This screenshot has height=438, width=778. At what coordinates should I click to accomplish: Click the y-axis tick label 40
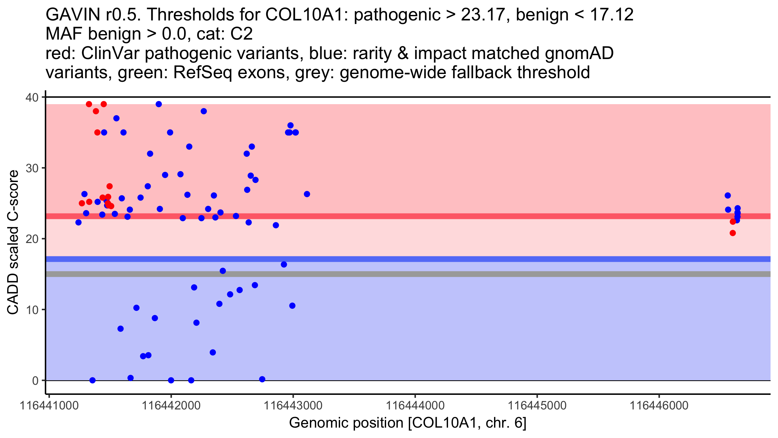pos(32,97)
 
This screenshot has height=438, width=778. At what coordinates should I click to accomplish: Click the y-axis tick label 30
pos(32,168)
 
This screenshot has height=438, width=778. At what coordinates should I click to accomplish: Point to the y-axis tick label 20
pos(32,239)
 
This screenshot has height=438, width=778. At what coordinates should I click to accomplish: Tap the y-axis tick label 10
pos(32,310)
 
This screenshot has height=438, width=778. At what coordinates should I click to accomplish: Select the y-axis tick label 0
pos(35,381)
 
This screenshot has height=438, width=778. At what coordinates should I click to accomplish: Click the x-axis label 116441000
pos(49,406)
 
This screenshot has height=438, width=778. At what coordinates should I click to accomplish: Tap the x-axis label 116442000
pos(171,406)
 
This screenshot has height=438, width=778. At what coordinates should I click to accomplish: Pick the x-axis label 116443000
pos(293,406)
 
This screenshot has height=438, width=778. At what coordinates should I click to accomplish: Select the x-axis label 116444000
pos(415,406)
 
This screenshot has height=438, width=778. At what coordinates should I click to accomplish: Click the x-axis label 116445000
pos(537,406)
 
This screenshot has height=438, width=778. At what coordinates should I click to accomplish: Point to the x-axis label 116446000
pos(659,406)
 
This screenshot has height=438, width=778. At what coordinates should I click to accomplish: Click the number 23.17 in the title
pos(481,15)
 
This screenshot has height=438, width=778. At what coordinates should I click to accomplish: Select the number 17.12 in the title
pos(612,15)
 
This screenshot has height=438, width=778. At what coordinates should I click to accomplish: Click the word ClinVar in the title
pos(110,53)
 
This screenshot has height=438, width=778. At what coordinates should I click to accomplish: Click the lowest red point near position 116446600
pos(733,233)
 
